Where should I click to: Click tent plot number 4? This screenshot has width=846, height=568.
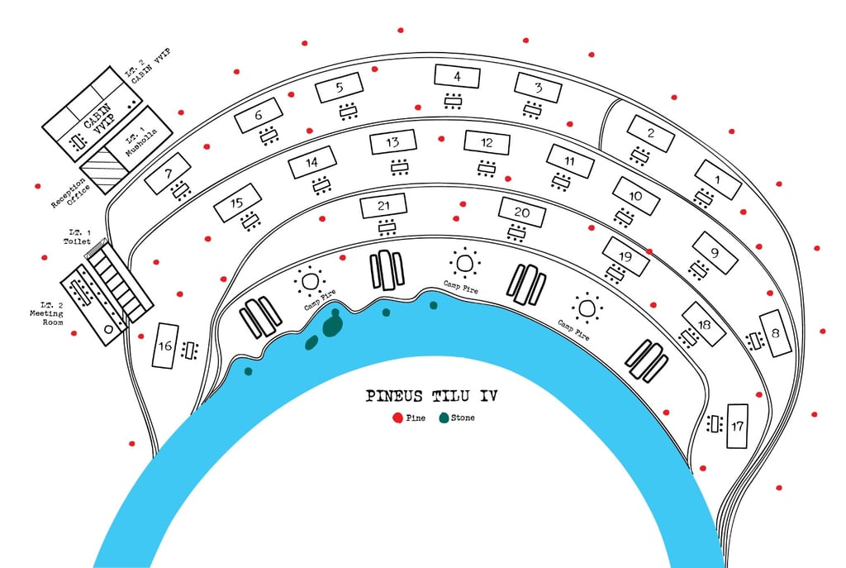[458, 77]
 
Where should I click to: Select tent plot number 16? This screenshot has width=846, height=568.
[167, 346]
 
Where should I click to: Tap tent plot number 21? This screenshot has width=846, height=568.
[383, 206]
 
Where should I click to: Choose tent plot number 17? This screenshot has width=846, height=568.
[737, 426]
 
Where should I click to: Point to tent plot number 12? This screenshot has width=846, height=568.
[486, 142]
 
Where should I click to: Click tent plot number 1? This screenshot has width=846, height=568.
[717, 179]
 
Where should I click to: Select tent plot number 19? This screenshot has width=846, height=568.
[625, 257]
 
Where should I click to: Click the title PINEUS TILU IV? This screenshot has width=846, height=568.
[432, 396]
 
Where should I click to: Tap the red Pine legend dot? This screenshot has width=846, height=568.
[398, 418]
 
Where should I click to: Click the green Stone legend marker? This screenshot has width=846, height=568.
[444, 418]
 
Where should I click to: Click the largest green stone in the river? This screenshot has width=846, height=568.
[332, 324]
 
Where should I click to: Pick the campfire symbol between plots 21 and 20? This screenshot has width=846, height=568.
[465, 264]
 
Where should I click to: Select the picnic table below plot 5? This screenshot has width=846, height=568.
[349, 111]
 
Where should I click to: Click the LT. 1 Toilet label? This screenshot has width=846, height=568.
[77, 237]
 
